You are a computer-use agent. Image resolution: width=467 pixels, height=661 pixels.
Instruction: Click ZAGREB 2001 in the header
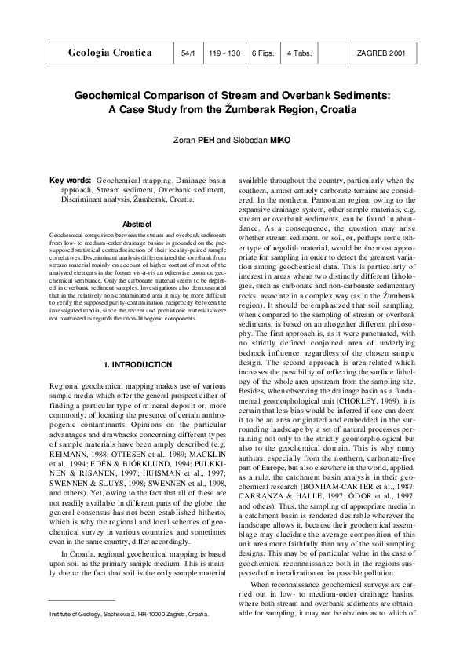pyautogui.click(x=381, y=53)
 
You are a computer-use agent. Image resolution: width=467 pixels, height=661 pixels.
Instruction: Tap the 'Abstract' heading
pyautogui.click(x=137, y=225)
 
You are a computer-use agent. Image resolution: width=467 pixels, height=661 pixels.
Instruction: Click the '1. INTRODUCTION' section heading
pyautogui.click(x=137, y=343)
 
